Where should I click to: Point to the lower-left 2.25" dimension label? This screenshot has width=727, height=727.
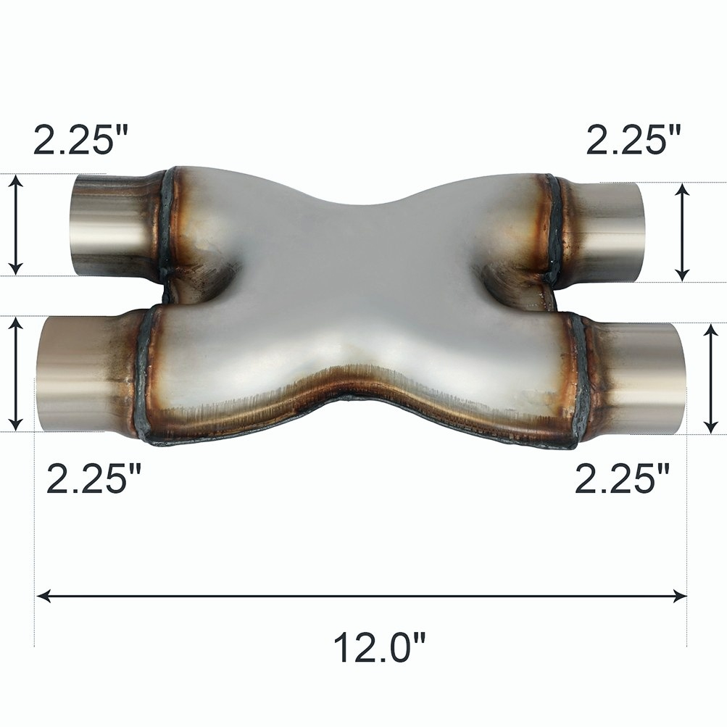point(94,478)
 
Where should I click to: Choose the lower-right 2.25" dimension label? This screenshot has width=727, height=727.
point(622,478)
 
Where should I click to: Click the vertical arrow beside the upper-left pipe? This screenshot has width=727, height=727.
point(17,224)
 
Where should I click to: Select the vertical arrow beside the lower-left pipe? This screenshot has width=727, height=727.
point(17,373)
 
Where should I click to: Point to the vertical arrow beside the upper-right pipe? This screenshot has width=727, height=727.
point(681,232)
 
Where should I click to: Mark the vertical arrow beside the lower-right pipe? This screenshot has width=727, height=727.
point(710,378)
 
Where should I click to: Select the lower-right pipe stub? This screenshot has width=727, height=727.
point(638,378)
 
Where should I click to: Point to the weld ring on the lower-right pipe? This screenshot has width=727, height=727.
point(578,381)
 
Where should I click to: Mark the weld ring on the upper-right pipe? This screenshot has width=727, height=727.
point(554,228)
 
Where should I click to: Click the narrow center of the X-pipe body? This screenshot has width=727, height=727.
point(362,290)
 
